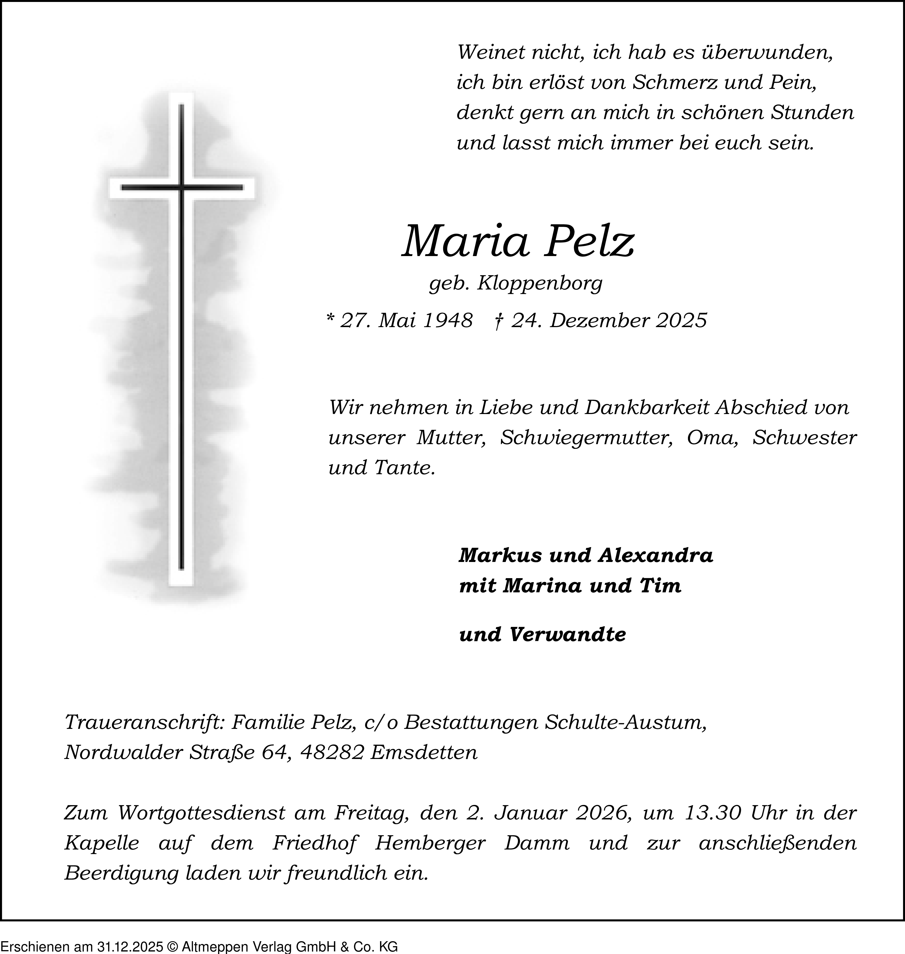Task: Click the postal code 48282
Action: click(331, 752)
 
